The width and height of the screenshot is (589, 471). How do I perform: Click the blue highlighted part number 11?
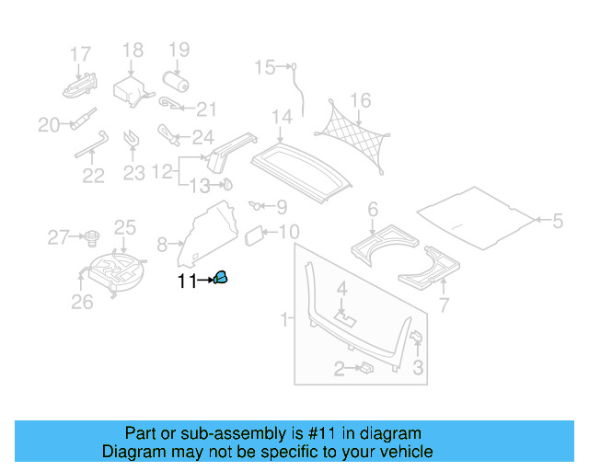[x=222, y=278]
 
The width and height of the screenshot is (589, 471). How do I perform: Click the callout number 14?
[x=282, y=118]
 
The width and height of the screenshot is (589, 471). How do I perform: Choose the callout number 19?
[x=178, y=50]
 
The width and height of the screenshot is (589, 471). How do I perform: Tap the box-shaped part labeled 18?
[x=129, y=88]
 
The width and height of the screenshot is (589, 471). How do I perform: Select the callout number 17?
[x=81, y=53]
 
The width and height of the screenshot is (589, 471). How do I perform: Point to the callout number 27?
[x=58, y=238]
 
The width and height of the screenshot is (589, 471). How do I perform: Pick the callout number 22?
[x=93, y=175]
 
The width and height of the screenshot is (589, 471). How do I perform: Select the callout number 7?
[x=444, y=304]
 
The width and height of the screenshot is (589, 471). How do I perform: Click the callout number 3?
[x=417, y=370]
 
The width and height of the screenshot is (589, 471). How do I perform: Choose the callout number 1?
[x=284, y=319]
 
